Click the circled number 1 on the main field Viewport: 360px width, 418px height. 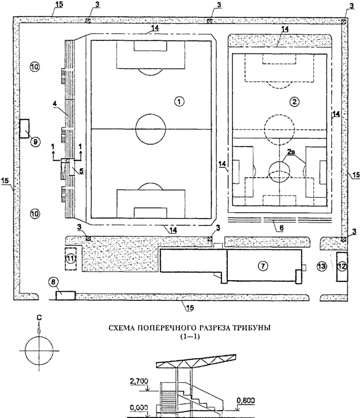point(179,101)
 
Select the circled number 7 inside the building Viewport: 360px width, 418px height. point(262,266)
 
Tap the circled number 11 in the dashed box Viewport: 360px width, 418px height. point(70,259)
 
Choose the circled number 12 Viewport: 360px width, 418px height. point(342,266)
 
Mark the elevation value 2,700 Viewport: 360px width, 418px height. point(141,381)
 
